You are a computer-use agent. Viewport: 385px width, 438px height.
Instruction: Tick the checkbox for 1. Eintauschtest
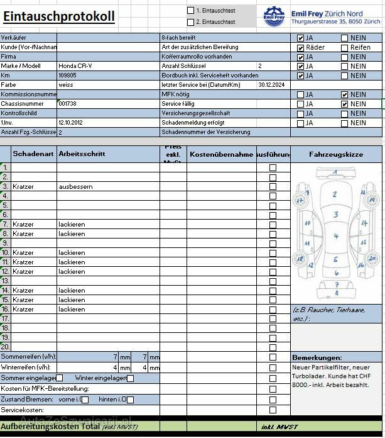pyautogui.click(x=191, y=11)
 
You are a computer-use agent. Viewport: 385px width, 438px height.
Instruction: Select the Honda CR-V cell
pyautogui.click(x=75, y=66)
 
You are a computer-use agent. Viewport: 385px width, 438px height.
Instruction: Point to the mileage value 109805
pyautogui.click(x=67, y=76)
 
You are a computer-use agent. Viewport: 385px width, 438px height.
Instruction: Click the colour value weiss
pyautogui.click(x=66, y=85)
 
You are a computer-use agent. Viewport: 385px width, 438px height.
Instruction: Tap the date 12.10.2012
pyautogui.click(x=70, y=123)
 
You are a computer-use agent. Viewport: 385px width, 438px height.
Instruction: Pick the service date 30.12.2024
pyautogui.click(x=271, y=85)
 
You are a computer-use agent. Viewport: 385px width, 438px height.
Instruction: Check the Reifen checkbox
pyautogui.click(x=344, y=47)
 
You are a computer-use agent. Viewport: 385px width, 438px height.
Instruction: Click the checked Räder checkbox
pyautogui.click(x=301, y=47)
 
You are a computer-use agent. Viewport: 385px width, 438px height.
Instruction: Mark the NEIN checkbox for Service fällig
pyautogui.click(x=344, y=104)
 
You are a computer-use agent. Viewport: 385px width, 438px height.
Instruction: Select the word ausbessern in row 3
pyautogui.click(x=75, y=187)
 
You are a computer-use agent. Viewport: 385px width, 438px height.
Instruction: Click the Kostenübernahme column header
pyautogui.click(x=221, y=154)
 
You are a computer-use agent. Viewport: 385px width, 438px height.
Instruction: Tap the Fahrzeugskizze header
pyautogui.click(x=336, y=154)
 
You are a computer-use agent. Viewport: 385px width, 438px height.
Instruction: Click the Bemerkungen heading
pyautogui.click(x=317, y=357)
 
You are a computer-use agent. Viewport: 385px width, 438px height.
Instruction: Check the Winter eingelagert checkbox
pyautogui.click(x=130, y=378)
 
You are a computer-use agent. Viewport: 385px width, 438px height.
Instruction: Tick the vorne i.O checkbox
pyautogui.click(x=85, y=400)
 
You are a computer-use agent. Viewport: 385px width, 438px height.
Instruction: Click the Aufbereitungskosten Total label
pyautogui.click(x=50, y=427)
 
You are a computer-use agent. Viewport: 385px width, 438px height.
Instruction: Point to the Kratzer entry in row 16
pyautogui.click(x=23, y=310)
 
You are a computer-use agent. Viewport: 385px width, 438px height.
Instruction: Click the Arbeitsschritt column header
pyautogui.click(x=82, y=154)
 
